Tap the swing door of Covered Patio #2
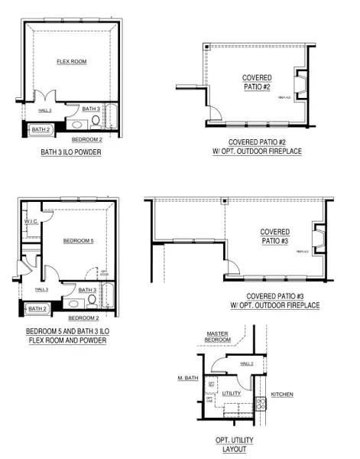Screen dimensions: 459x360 [216, 112]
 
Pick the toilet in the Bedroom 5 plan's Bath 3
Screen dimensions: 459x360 [92, 301]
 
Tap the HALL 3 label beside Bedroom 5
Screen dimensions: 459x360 [43, 289]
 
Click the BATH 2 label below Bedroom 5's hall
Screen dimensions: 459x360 [36, 309]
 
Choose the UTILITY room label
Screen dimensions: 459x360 [231, 393]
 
